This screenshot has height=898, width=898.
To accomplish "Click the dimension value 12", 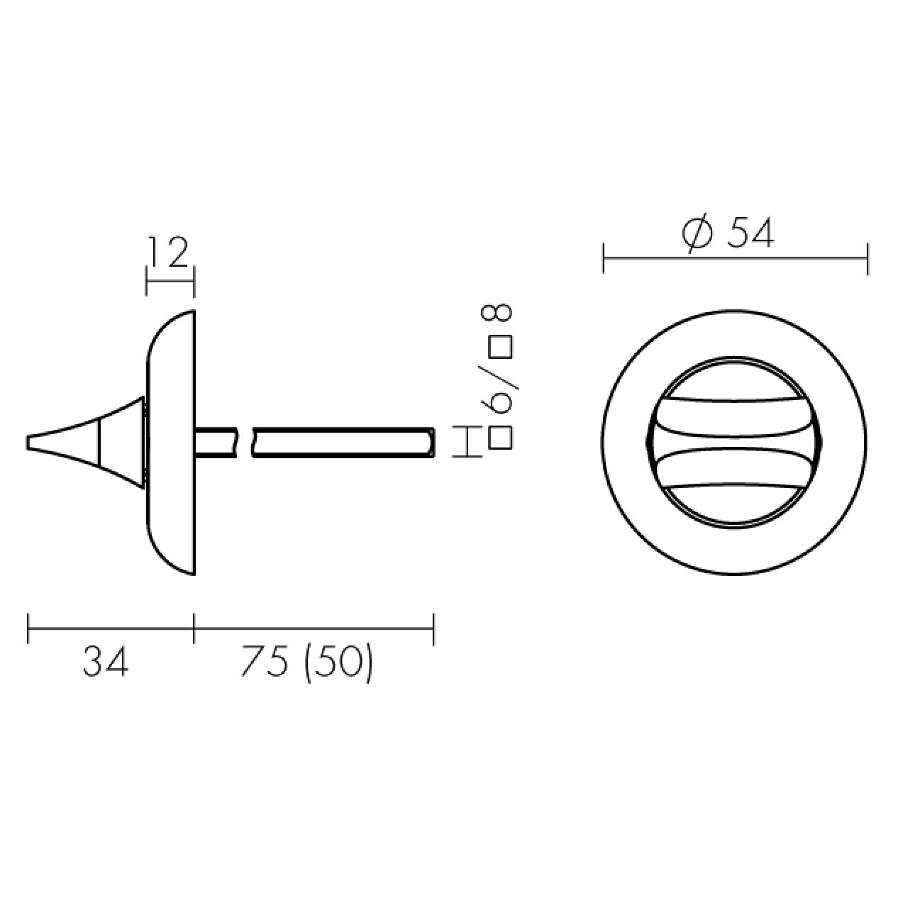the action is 167,252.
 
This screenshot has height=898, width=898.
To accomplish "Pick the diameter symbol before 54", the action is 697,233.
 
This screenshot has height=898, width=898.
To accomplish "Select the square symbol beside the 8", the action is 501,347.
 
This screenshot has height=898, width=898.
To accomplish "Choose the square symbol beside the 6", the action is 501,438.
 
